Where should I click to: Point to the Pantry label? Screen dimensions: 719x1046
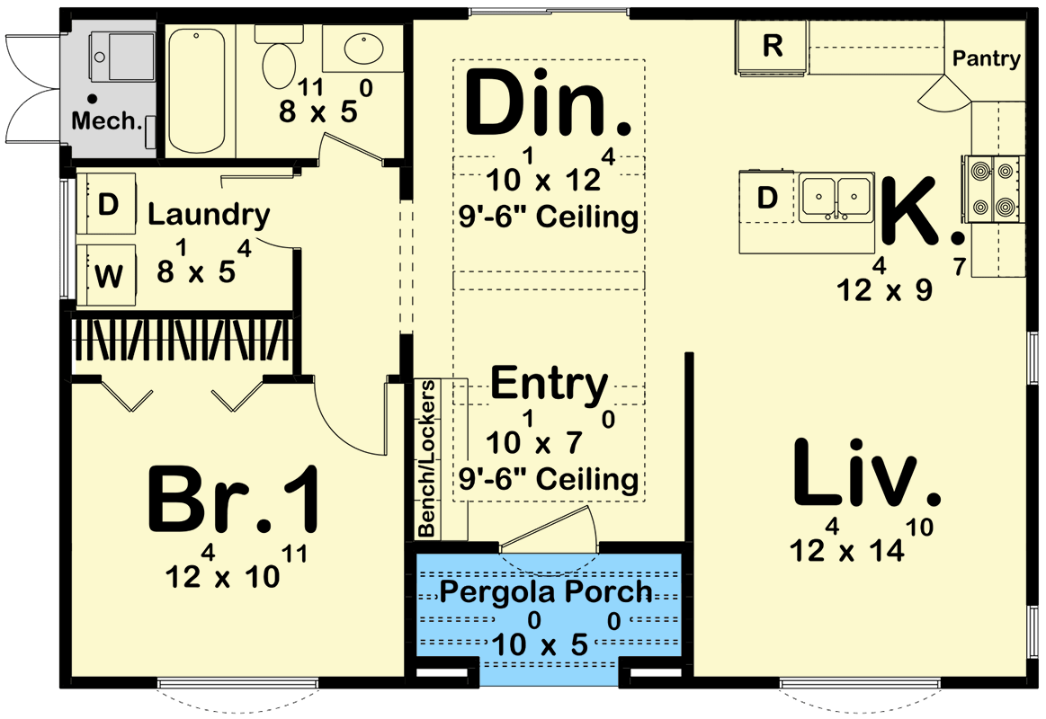point(987,59)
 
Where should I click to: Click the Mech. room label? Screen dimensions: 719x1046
point(107,120)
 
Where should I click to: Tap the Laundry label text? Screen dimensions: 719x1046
point(208,215)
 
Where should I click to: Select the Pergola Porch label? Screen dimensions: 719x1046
point(546,591)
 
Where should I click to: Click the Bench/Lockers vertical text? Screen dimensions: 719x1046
point(427,459)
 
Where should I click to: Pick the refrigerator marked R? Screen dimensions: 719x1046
point(772,47)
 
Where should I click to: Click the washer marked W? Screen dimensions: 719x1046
point(107,275)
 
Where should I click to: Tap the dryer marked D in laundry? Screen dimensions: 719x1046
point(107,205)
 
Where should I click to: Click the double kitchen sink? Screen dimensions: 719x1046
point(836,196)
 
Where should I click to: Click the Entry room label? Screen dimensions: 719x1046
point(549,384)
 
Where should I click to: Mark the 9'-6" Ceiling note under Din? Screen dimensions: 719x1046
point(549,217)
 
